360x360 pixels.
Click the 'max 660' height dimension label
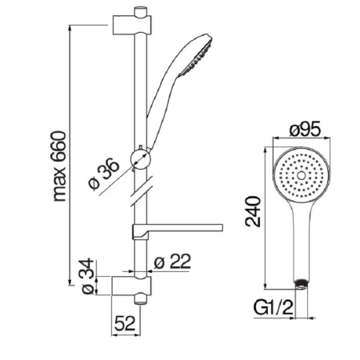(x=59, y=166)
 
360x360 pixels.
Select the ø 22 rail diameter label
(x=172, y=261)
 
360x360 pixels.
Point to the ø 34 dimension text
(x=88, y=276)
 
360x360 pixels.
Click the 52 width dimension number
(x=125, y=323)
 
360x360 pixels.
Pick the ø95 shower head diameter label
(x=305, y=130)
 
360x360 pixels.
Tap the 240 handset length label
(x=253, y=211)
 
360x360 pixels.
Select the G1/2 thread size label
(x=273, y=307)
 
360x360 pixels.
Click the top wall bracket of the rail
(x=132, y=25)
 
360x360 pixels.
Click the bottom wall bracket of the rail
(x=131, y=286)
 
